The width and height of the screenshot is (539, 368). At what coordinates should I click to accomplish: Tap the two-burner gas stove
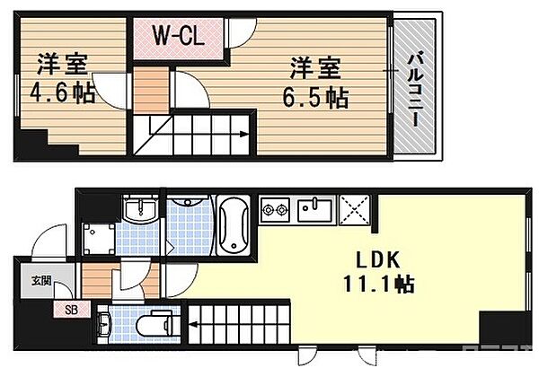pyautogui.click(x=276, y=212)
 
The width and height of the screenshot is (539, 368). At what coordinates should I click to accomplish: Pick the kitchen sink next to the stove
pyautogui.click(x=315, y=213)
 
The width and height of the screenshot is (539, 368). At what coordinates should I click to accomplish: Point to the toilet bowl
pyautogui.click(x=161, y=322)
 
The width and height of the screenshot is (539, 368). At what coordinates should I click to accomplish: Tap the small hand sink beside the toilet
pyautogui.click(x=107, y=320)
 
